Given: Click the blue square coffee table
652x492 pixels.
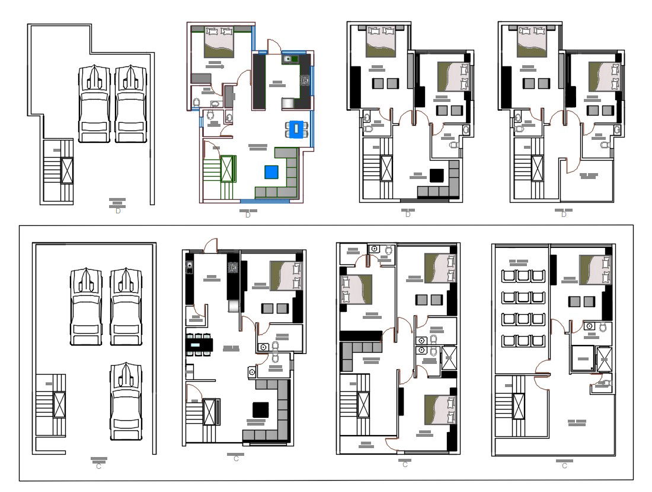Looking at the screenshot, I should click(x=271, y=172).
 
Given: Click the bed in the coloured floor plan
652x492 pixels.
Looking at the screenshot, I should click(x=219, y=42).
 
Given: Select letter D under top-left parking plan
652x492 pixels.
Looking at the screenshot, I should click(x=118, y=211).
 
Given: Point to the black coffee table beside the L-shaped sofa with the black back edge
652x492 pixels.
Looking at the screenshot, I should click(x=261, y=410).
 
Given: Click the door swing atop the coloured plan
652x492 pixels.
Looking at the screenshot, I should click(x=273, y=46).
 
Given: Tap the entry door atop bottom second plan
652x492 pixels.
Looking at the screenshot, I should click(x=211, y=244).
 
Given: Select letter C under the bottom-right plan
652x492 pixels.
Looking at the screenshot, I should click(x=564, y=466).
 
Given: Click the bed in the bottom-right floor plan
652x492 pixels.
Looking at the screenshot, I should click(x=595, y=270).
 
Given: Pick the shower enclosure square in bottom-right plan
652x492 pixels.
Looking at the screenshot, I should click(x=582, y=359).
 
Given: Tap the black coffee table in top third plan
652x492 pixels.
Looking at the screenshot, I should click(x=437, y=175).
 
